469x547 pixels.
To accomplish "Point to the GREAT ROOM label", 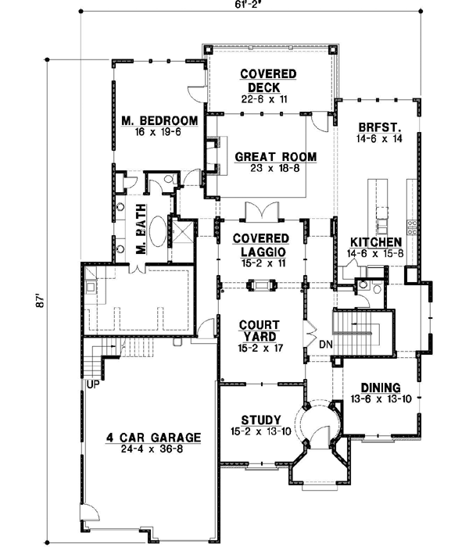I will pyautogui.click(x=275, y=157).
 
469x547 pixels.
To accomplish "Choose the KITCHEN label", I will pyautogui.click(x=375, y=242).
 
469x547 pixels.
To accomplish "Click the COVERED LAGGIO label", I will pyautogui.click(x=263, y=244).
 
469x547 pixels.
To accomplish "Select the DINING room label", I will pyautogui.click(x=381, y=388).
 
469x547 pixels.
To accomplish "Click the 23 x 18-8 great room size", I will pyautogui.click(x=275, y=170).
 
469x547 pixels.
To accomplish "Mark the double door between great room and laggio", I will pyautogui.click(x=260, y=213).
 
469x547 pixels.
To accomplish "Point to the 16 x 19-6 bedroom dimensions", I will pyautogui.click(x=158, y=134).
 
